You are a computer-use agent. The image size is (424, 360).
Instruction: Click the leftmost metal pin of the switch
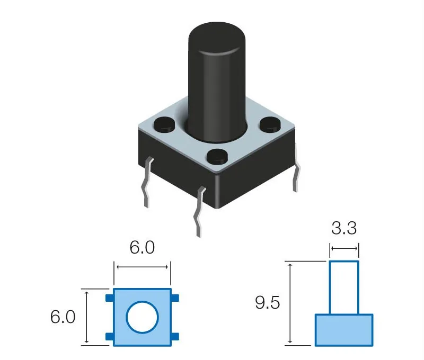[x=147, y=183]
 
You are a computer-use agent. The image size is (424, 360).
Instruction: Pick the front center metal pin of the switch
[x=199, y=212]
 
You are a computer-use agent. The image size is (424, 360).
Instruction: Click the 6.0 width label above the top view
[x=142, y=247]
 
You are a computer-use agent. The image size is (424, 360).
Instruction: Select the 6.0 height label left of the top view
[x=63, y=317]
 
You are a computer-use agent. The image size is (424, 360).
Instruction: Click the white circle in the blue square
[x=142, y=318]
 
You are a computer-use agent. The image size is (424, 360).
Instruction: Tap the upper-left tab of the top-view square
[x=109, y=298]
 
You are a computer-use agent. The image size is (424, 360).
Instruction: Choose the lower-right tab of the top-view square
[x=175, y=337]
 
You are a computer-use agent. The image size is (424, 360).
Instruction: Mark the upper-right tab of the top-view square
[x=175, y=298]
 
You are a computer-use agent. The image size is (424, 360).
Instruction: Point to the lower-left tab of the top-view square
[x=109, y=337]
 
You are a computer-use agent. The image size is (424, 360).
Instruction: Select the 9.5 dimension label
[x=268, y=303]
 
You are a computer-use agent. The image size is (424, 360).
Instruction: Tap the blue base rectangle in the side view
[x=344, y=330]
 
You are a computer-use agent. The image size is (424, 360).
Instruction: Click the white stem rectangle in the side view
[x=344, y=287]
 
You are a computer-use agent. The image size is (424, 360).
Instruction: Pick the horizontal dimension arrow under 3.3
[x=344, y=248]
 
